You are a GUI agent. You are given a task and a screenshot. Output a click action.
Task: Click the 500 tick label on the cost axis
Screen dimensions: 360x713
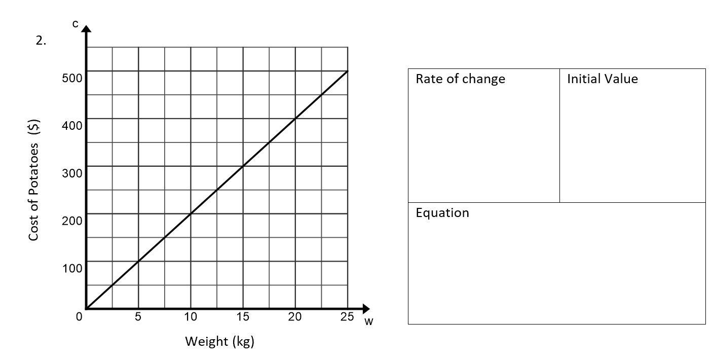point(72,78)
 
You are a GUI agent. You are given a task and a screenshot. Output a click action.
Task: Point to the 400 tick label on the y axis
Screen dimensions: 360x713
point(72,125)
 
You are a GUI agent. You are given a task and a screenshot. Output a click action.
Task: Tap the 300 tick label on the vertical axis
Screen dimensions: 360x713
point(72,173)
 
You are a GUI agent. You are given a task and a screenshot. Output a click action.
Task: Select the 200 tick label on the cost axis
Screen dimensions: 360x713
point(72,221)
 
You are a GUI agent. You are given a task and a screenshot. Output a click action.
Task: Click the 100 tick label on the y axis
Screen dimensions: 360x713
point(72,268)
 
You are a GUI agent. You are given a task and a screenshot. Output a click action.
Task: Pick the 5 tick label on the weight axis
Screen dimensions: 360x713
point(138,317)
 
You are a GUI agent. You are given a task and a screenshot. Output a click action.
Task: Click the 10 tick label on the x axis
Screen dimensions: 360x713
point(191,317)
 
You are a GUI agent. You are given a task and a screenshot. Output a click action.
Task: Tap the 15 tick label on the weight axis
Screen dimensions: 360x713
point(243,317)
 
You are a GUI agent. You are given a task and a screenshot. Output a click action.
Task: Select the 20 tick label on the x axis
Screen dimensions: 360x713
point(295,317)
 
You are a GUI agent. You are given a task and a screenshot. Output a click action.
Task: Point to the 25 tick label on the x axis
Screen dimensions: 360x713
point(347,317)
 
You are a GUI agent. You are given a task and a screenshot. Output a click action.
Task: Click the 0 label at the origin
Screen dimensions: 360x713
point(79,317)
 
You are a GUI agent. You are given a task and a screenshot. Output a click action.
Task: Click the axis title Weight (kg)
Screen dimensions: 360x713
point(219,341)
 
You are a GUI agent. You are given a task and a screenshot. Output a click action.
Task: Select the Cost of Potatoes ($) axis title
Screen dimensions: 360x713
point(34,180)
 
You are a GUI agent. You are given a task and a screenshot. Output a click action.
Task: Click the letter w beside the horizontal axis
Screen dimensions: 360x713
point(368,322)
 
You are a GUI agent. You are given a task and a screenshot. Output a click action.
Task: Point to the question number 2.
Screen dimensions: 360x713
point(41,41)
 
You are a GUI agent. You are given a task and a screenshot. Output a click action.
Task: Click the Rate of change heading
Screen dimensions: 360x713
point(460,79)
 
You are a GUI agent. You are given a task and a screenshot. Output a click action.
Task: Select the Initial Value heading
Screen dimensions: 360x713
point(602,79)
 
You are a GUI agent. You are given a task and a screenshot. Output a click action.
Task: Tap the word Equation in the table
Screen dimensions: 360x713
point(442,212)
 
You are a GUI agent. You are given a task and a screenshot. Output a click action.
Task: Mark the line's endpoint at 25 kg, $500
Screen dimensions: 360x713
point(348,71)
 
